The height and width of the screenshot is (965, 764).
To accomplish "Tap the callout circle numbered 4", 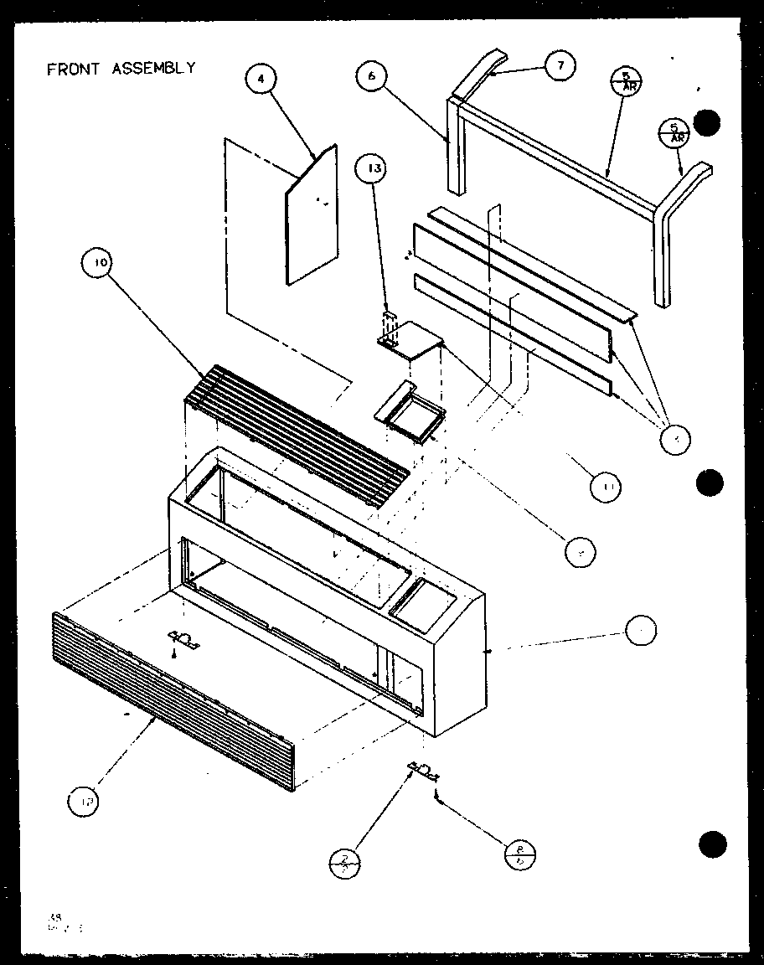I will pos(261,79).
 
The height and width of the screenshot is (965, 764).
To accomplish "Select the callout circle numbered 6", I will pos(371,75).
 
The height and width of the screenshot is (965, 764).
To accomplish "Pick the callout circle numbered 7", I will pos(560,65).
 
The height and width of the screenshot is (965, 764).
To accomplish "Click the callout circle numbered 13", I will pos(373,168).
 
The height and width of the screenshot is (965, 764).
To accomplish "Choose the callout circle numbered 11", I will pos(605,487).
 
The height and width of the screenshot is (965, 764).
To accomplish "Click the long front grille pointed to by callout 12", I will pos(172,704).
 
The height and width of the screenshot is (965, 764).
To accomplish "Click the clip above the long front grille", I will pos(183,641).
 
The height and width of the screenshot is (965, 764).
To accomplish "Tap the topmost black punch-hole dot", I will pos(709,123).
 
